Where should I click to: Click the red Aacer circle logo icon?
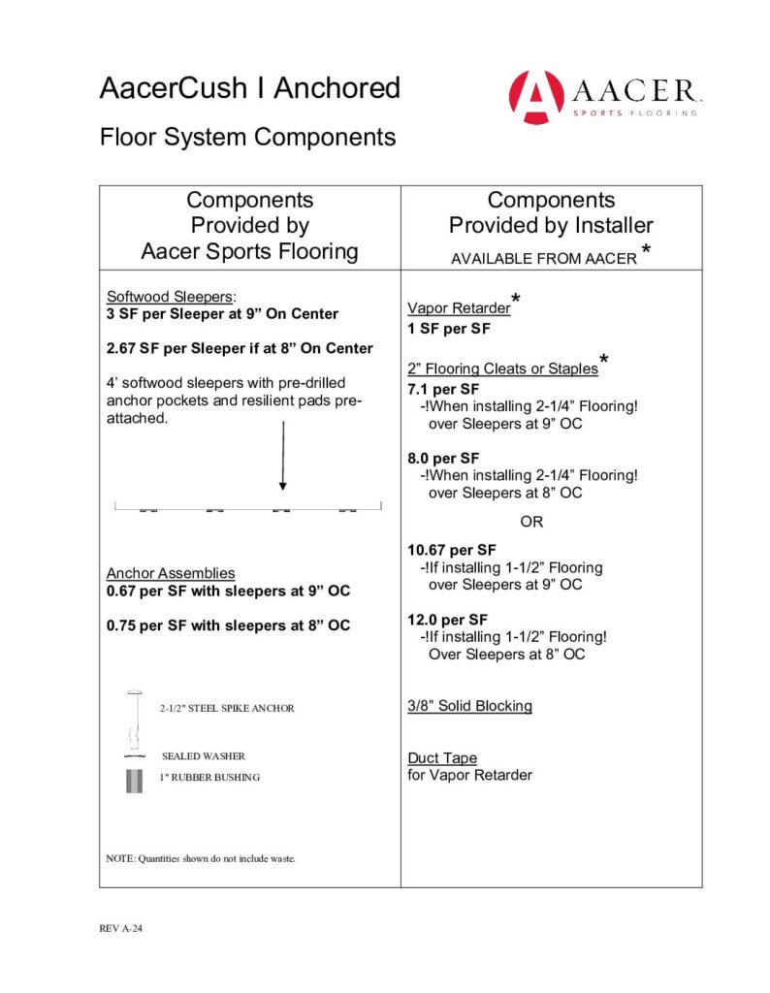coord(536,97)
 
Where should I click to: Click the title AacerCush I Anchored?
coord(249,88)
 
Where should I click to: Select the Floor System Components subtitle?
coord(247,137)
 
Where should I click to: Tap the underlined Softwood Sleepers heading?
coord(171,297)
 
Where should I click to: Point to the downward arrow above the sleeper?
coord(282,456)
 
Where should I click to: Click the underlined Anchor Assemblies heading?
coord(171,573)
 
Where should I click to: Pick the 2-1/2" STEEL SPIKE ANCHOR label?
coord(226,708)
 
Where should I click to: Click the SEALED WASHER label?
coord(203,755)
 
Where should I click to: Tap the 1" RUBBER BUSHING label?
coord(210,777)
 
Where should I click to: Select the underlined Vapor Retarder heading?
coord(459,308)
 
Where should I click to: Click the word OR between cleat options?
coord(532,522)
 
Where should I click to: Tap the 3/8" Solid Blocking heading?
coord(469,706)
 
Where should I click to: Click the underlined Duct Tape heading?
coord(442,758)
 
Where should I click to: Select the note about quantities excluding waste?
coord(200,858)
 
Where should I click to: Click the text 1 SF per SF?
coord(449,328)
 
